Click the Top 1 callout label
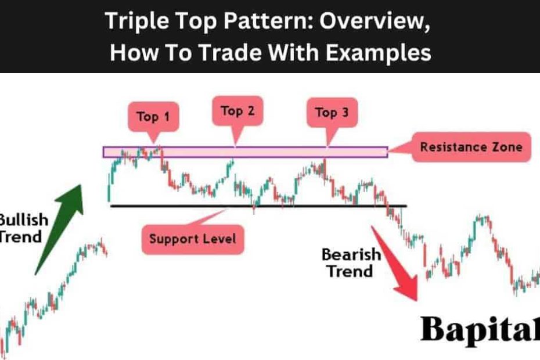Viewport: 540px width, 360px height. click(x=153, y=117)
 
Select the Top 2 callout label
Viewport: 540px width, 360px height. click(x=237, y=111)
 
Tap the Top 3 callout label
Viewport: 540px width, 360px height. click(x=332, y=113)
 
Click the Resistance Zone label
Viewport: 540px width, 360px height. click(x=471, y=147)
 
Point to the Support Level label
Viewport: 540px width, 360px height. click(x=193, y=239)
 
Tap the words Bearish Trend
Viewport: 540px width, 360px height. click(x=351, y=263)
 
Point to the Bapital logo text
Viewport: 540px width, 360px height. click(x=480, y=329)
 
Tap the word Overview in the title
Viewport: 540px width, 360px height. click(x=375, y=21)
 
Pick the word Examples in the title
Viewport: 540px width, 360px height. click(x=378, y=53)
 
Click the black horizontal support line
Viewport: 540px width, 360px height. click(x=258, y=206)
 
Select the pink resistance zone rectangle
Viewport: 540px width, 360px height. click(x=245, y=152)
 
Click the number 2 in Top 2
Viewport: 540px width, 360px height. click(x=251, y=110)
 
